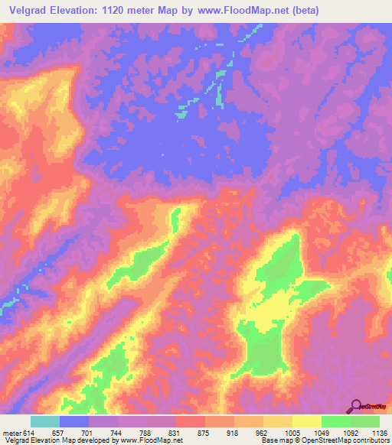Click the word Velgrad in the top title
(x=27, y=11)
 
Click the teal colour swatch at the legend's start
(x=45, y=421)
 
